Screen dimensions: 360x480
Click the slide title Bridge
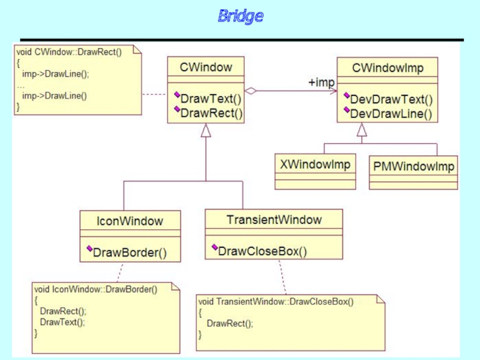coord(240,16)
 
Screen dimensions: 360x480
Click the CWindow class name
coord(205,67)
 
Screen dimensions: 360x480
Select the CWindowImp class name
coord(388,68)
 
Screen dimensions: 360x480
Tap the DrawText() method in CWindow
coord(211,98)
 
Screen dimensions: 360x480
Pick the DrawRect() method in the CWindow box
coord(211,112)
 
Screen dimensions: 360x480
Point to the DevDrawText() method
coord(391,99)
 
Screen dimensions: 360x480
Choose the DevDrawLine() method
coord(390,113)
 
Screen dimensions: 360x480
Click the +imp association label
coord(321,82)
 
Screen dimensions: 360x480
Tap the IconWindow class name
coord(130,221)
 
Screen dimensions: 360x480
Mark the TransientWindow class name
coord(274,220)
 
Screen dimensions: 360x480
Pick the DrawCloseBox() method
coord(262,251)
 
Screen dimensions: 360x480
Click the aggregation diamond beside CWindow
coord(251,91)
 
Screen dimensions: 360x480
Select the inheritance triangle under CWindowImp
coord(362,128)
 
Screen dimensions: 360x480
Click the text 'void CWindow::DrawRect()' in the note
coord(69,52)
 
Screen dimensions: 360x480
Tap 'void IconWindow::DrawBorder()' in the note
coord(96,289)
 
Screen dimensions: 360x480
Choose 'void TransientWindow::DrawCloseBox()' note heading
coord(276,301)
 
